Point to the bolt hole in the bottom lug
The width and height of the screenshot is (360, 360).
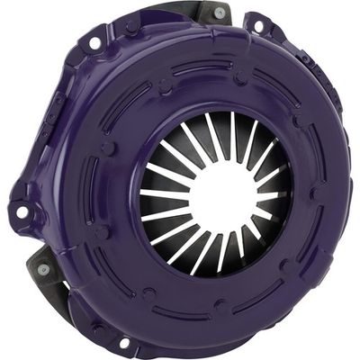pyautogui.click(x=124, y=343)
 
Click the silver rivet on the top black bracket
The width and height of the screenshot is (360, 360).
pyautogui.click(x=220, y=13)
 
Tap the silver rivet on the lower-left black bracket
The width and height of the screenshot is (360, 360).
pyautogui.click(x=43, y=269)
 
